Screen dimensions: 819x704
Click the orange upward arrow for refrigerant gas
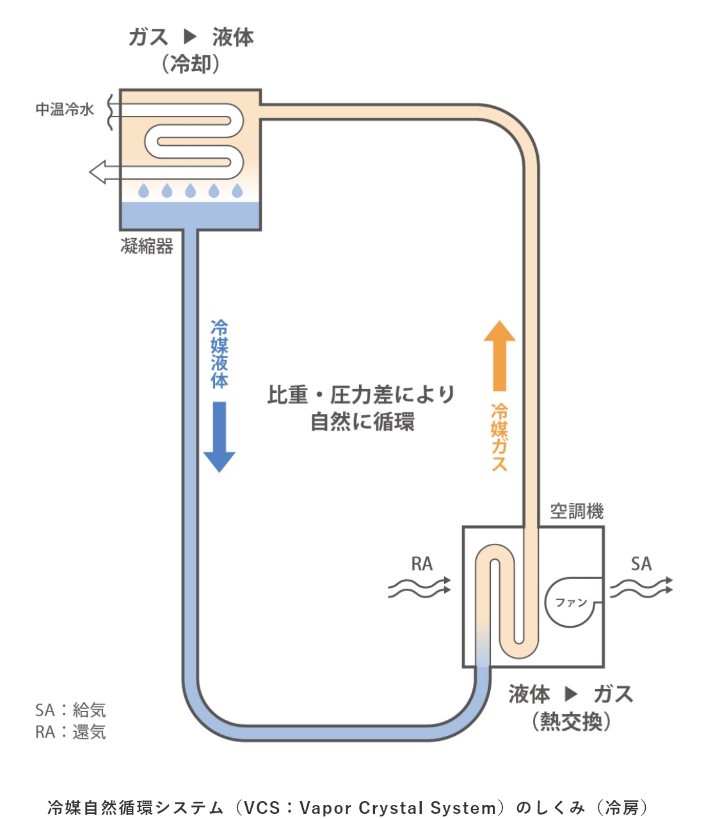click(499, 356)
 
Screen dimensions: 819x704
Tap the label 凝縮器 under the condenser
click(147, 246)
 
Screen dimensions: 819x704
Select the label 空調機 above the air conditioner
click(577, 511)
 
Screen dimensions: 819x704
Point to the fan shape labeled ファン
click(572, 602)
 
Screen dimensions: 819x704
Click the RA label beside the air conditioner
click(422, 564)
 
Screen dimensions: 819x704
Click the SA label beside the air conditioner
click(641, 564)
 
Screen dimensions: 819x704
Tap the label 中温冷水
click(65, 109)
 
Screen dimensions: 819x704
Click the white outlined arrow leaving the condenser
click(102, 171)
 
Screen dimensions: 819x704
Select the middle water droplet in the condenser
click(190, 191)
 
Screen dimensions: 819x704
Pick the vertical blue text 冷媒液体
click(220, 354)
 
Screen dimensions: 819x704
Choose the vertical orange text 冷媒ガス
click(499, 437)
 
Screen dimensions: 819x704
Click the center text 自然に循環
click(362, 422)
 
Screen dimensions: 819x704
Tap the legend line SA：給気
click(70, 710)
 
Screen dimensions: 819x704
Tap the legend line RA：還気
click(70, 731)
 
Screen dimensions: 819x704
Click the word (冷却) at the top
click(191, 64)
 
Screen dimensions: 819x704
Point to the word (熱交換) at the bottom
click(571, 721)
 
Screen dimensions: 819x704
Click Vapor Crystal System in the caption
click(397, 807)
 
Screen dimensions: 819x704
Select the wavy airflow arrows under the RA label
click(419, 587)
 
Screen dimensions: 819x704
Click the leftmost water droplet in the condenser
click(143, 191)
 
